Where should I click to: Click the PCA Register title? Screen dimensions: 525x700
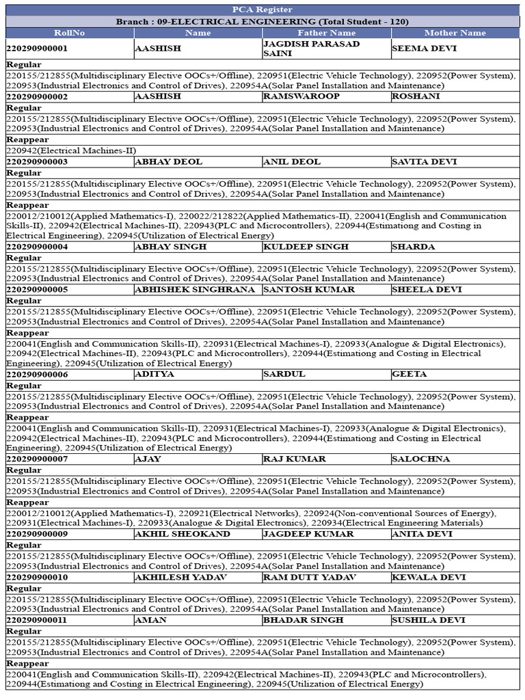click(x=262, y=10)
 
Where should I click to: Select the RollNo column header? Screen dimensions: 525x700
click(x=69, y=33)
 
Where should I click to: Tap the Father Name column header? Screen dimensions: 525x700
click(x=327, y=33)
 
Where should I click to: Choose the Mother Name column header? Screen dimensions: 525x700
click(x=455, y=33)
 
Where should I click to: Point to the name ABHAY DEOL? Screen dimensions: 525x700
click(x=163, y=162)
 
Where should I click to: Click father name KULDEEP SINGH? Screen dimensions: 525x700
click(x=306, y=247)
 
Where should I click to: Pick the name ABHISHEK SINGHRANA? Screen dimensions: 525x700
click(x=197, y=289)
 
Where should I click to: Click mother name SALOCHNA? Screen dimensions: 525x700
click(x=420, y=459)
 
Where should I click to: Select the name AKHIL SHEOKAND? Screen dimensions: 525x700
click(x=183, y=534)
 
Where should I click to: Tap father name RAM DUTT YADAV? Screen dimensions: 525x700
click(x=310, y=577)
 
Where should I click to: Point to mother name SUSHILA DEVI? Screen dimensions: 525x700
click(x=429, y=620)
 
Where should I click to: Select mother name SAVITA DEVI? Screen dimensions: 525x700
click(x=425, y=162)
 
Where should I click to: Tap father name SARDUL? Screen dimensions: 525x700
click(x=284, y=375)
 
